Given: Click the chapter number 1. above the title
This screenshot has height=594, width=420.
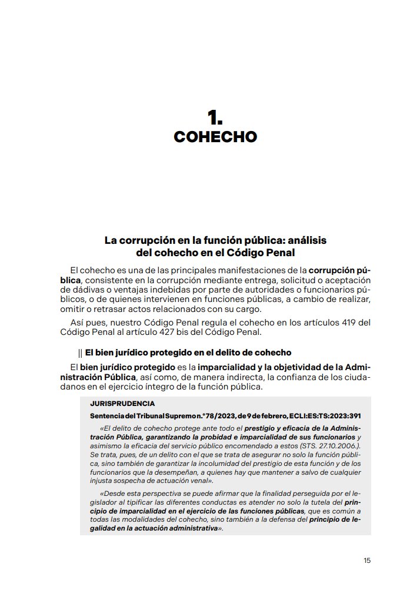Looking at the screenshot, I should (215, 116).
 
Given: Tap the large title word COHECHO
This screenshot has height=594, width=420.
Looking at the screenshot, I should (215, 137).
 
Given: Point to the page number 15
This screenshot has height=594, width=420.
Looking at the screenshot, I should (367, 561).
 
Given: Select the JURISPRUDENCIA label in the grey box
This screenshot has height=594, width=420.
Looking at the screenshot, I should (122, 404).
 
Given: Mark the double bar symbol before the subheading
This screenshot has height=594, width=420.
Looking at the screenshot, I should (80, 353).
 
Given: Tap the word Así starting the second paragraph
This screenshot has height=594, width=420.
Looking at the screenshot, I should (79, 323).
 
